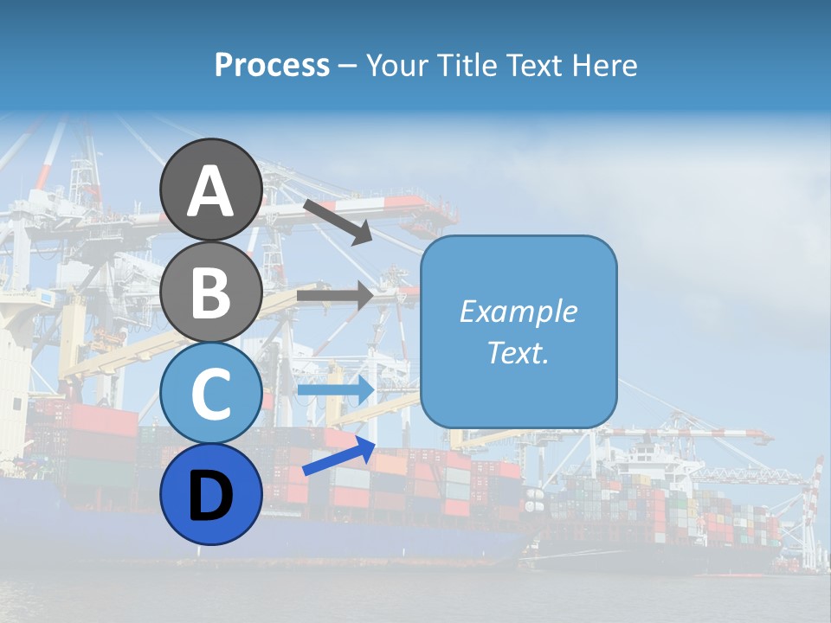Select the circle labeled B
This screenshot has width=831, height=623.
pyautogui.click(x=210, y=292)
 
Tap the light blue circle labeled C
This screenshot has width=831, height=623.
pyautogui.click(x=210, y=392)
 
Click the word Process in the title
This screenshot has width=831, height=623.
pyautogui.click(x=272, y=66)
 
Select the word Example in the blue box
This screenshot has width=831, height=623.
pyautogui.click(x=518, y=311)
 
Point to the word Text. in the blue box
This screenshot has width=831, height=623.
pyautogui.click(x=518, y=352)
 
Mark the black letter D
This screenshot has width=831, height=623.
pyautogui.click(x=210, y=496)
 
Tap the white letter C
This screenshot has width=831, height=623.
pyautogui.click(x=210, y=394)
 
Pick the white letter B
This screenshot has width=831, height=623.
pyautogui.click(x=210, y=292)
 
